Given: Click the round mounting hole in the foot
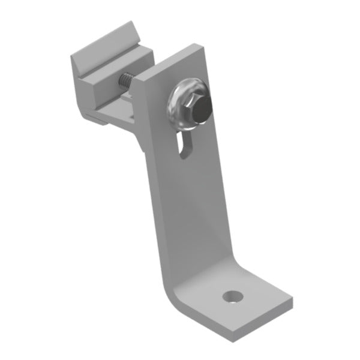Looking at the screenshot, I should pos(232,296).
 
